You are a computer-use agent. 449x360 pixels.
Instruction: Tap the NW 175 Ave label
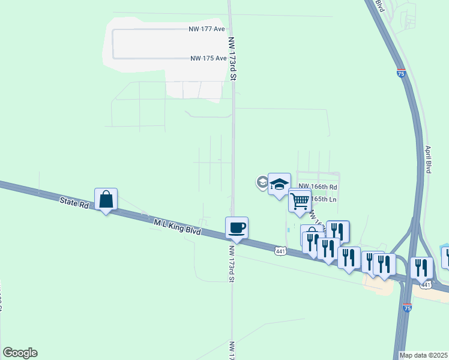click(208, 58)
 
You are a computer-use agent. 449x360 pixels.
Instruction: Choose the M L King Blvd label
click(176, 227)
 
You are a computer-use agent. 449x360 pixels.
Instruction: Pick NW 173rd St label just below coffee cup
click(231, 262)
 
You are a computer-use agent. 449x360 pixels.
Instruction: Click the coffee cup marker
click(237, 227)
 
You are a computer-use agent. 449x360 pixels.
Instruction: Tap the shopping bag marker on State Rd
click(106, 199)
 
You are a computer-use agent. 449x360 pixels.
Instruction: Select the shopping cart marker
click(300, 200)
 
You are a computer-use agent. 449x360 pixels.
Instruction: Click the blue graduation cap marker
click(279, 184)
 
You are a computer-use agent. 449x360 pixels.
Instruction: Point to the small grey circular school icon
click(262, 182)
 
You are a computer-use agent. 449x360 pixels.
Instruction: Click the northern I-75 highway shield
click(401, 73)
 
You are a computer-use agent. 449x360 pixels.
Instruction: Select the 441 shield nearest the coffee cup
click(280, 251)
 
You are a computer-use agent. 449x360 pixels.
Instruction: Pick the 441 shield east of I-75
click(425, 285)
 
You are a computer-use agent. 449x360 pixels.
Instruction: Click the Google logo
click(20, 353)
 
